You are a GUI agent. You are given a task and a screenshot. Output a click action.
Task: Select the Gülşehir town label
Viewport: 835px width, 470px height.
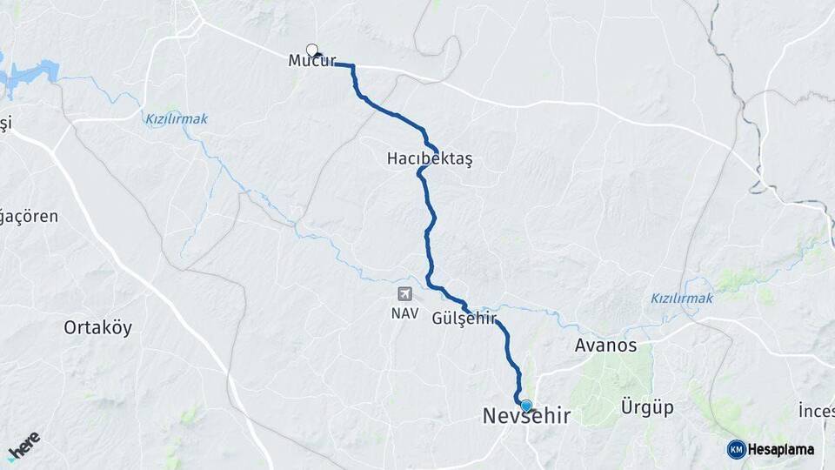click(x=464, y=319)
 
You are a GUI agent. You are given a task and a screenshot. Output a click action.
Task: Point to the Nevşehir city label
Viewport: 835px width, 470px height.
click(x=526, y=417)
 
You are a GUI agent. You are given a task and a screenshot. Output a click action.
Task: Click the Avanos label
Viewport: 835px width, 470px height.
click(x=605, y=346)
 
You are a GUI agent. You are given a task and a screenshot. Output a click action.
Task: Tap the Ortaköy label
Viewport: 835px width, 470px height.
click(x=97, y=328)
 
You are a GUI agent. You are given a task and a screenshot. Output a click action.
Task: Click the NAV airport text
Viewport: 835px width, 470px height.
click(x=404, y=312)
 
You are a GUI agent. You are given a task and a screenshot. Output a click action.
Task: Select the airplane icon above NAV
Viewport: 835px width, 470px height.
click(x=404, y=294)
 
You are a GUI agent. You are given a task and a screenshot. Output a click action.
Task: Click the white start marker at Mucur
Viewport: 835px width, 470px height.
click(x=312, y=50)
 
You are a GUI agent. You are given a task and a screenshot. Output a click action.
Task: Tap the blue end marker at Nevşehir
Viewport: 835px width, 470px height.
click(x=525, y=405)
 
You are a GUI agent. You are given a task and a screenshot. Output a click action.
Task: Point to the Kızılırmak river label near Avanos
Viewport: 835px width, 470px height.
click(x=682, y=299)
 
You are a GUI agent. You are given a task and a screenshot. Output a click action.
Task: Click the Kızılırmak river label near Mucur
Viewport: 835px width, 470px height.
click(x=177, y=119)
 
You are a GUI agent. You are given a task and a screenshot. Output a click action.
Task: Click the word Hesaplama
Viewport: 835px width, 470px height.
click(x=782, y=449)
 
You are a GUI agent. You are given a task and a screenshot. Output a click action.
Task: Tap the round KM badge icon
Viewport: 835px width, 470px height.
click(x=736, y=449)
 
